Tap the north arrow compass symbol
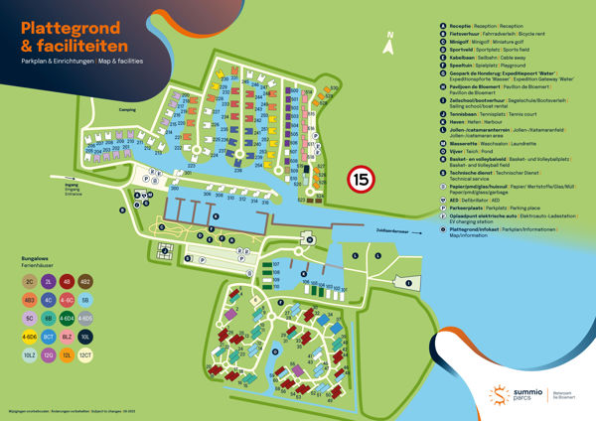coord(390,41)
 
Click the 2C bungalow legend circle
coord(30,281)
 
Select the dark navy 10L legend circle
coord(85,336)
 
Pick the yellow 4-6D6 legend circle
coord(30,336)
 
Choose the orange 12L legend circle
coord(67,354)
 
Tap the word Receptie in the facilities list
coord(461,26)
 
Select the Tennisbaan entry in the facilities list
coord(464,114)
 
